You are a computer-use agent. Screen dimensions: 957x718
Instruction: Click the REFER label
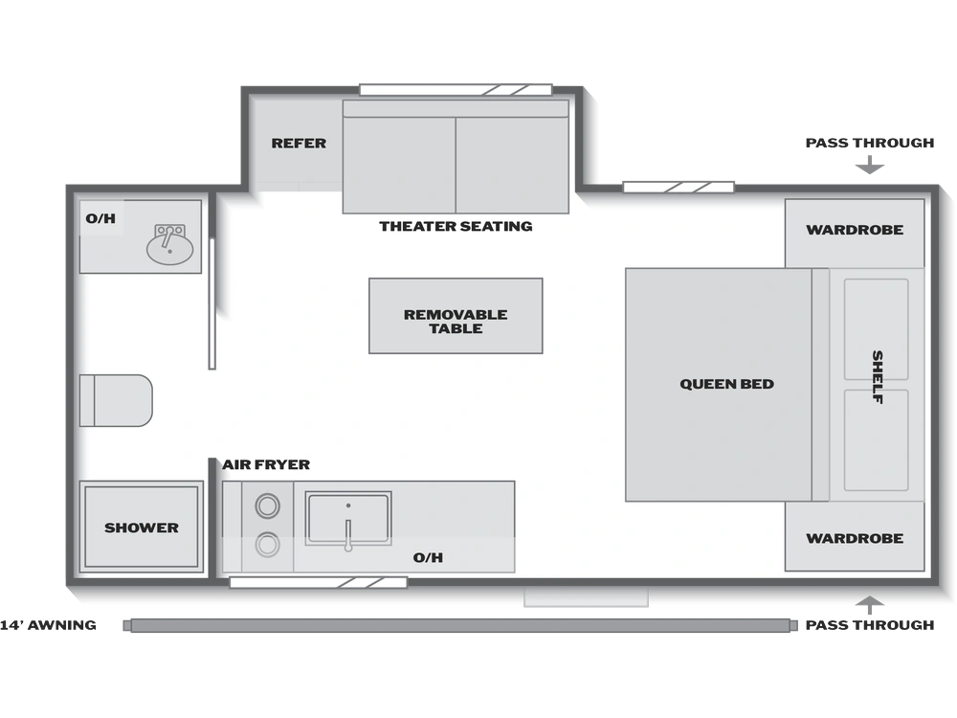(299, 144)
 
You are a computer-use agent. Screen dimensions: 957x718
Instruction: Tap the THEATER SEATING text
(456, 227)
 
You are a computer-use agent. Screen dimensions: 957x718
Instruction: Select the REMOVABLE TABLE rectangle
(456, 316)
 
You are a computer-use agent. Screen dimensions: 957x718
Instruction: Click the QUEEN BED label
(727, 384)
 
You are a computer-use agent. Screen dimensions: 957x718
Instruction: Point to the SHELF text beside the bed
(878, 376)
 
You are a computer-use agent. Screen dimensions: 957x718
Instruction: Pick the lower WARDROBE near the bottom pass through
(855, 536)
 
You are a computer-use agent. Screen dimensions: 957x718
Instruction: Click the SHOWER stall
(141, 527)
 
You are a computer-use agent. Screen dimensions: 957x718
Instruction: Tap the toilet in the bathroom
(116, 400)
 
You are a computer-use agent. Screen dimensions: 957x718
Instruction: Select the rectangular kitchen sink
(348, 518)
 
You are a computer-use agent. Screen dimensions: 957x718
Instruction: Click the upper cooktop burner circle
(267, 505)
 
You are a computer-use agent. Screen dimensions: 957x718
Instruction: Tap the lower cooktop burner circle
(267, 545)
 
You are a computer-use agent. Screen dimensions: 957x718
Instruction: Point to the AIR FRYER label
(266, 464)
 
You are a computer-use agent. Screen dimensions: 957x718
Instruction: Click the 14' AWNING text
(48, 625)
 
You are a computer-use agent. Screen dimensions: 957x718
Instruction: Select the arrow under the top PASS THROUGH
(870, 166)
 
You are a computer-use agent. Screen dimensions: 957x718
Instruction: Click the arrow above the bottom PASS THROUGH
(870, 605)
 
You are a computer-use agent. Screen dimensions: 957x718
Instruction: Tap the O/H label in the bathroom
(100, 218)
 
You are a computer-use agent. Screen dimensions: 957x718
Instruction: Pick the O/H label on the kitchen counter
(428, 557)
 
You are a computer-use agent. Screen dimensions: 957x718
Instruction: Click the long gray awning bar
(460, 625)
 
